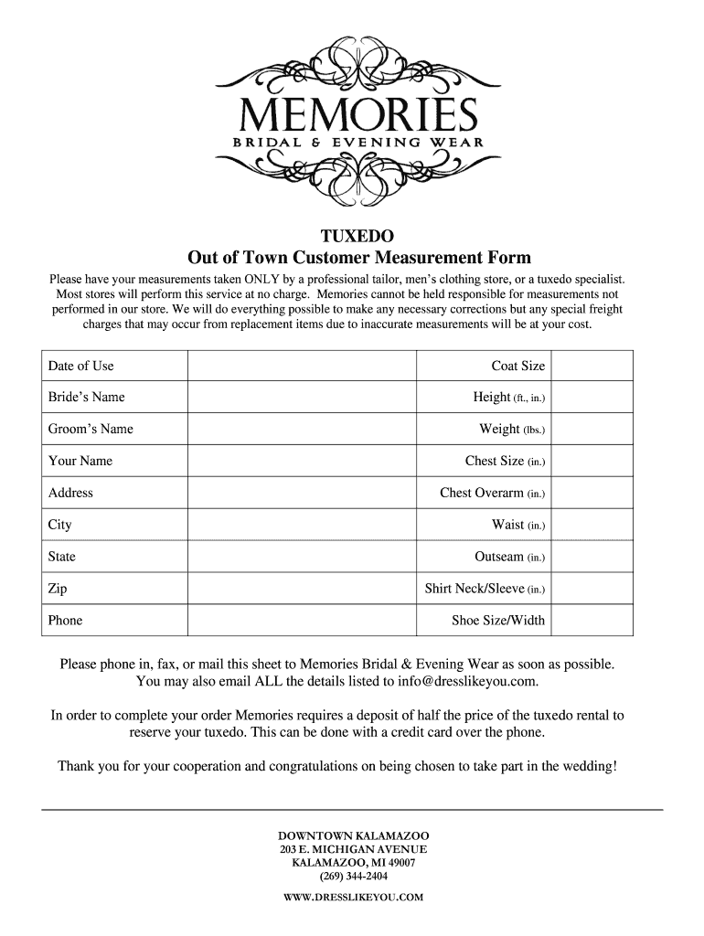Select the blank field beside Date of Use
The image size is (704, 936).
point(302,366)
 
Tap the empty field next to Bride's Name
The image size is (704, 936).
point(302,398)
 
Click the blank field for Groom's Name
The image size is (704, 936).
point(302,430)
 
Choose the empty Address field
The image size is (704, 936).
point(302,493)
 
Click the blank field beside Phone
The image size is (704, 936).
point(302,621)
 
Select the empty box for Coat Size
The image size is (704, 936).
point(592,366)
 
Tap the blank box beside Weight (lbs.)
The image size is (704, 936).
point(592,430)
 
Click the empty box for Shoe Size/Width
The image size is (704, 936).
point(592,621)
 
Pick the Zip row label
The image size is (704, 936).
point(58,590)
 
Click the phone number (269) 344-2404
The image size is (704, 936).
point(353,876)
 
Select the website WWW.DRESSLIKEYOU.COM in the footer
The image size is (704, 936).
point(353,898)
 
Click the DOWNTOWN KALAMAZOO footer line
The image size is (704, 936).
point(353,836)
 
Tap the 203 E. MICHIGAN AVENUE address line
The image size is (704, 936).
point(353,850)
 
